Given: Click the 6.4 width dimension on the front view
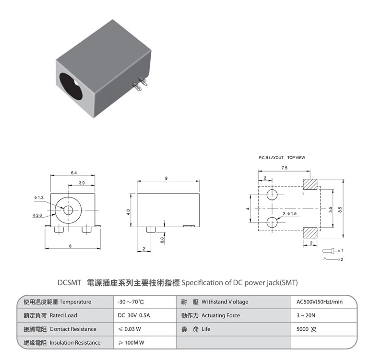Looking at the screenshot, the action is tap(73, 173).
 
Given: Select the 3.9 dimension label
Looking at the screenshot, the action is tap(82, 183).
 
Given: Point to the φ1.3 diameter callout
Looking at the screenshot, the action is tap(39, 197).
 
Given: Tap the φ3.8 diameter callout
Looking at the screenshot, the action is tap(37, 215).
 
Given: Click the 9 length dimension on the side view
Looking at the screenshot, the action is tap(166, 178).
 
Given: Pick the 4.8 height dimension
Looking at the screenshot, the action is tap(128, 212).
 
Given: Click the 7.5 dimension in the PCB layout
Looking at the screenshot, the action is tap(284, 168).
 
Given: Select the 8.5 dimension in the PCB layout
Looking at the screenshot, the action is tap(340, 210).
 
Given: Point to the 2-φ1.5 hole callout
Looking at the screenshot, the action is tap(290, 214).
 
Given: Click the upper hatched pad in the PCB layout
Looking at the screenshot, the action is tap(310, 184).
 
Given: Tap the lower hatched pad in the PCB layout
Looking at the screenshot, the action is tap(310, 233).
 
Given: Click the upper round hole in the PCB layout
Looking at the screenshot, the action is tap(272, 195).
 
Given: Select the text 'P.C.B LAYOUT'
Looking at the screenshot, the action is tap(271, 158).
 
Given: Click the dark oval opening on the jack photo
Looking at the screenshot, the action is tap(71, 87).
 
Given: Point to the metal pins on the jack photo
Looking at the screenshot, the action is tap(140, 84).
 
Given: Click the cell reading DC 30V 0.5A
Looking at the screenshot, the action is tap(134, 315).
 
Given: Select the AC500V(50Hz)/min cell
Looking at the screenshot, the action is tap(319, 302).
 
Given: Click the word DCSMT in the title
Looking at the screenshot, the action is tap(69, 283).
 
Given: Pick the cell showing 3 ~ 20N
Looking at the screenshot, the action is tap(306, 315).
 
